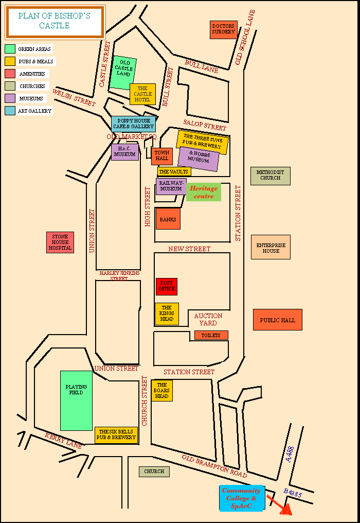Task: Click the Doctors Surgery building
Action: (x=223, y=30)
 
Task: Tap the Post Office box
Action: (x=166, y=287)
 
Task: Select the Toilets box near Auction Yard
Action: (x=211, y=335)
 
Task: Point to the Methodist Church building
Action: (x=270, y=176)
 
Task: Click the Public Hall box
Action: (x=277, y=320)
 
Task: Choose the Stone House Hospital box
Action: (x=59, y=242)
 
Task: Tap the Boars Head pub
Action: (x=161, y=391)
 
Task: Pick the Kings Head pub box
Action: (x=167, y=314)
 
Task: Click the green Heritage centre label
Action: (x=204, y=192)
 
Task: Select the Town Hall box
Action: (x=161, y=156)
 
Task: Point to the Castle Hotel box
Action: (x=142, y=94)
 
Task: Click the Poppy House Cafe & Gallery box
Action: (x=133, y=124)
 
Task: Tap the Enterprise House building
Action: (x=271, y=248)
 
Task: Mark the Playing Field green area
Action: (x=76, y=400)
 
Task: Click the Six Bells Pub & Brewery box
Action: (x=116, y=435)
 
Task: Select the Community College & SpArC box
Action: (x=242, y=498)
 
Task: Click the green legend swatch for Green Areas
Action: (x=10, y=49)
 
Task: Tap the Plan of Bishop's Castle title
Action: (x=54, y=21)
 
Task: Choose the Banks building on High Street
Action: (x=168, y=219)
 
